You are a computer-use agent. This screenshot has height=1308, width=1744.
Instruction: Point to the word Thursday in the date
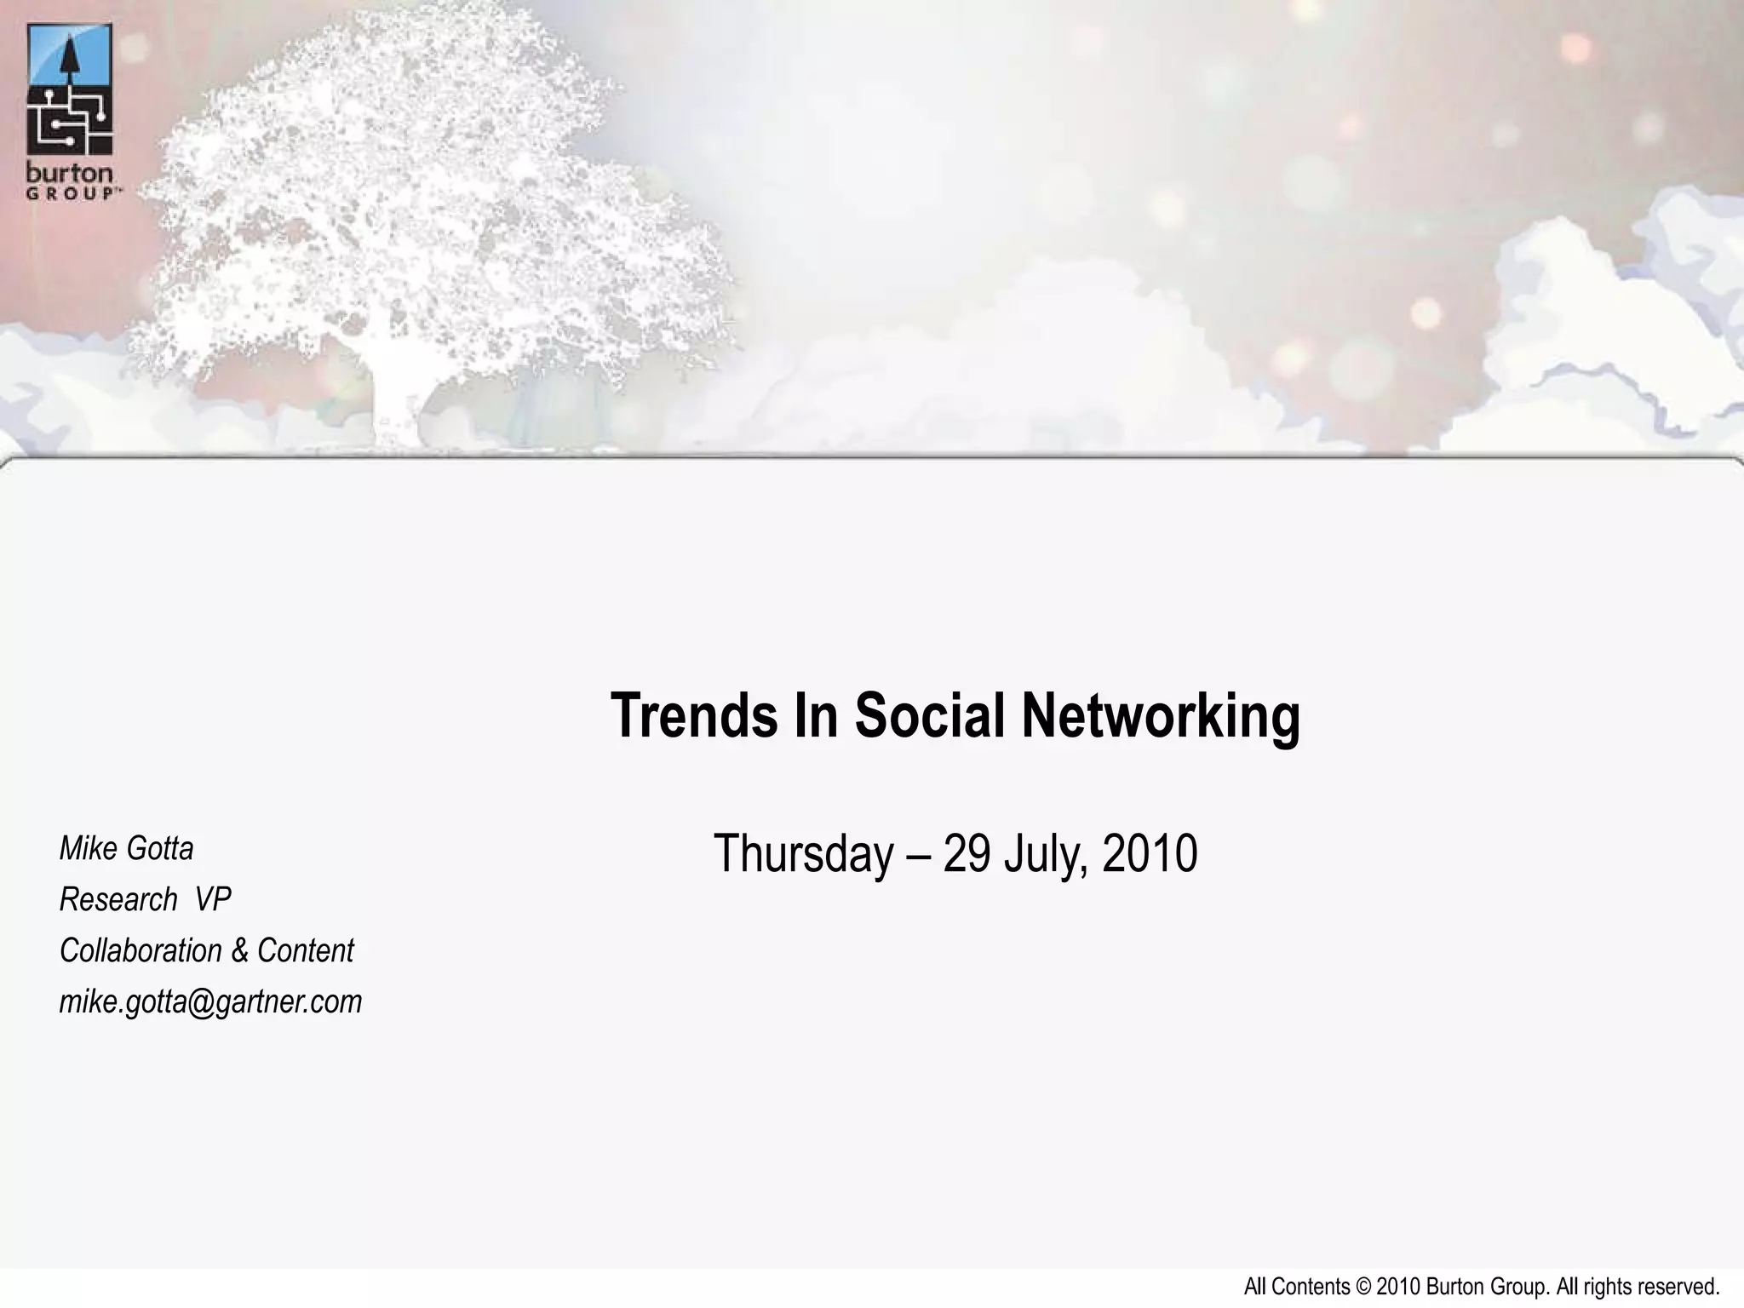pos(804,854)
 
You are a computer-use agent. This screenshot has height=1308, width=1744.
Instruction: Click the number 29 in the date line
pos(967,854)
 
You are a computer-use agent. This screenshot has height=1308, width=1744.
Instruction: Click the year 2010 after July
pos(1150,854)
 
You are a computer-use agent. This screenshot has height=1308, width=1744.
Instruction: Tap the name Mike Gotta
pos(127,848)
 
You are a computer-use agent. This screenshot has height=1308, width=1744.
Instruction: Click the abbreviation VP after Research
pos(213,899)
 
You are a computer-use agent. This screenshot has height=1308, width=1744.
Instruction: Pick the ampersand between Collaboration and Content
pos(240,951)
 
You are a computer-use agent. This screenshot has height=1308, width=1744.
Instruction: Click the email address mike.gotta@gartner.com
pos(210,1001)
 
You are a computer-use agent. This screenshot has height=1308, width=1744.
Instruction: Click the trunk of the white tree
pos(397,400)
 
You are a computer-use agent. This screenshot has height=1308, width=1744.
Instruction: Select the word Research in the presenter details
pos(118,899)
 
